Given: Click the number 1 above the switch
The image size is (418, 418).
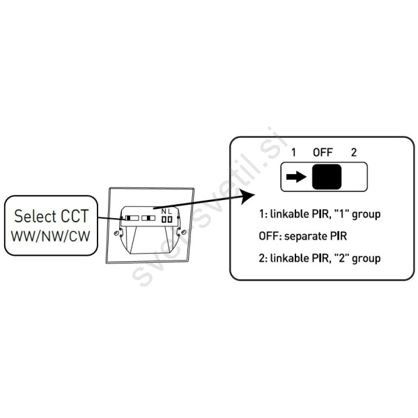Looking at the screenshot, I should click(x=294, y=152).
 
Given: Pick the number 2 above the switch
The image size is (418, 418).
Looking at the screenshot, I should click(x=353, y=152).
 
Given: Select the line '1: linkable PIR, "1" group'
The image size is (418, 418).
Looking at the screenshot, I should click(x=319, y=214).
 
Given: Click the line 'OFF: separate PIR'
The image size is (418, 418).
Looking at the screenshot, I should click(x=302, y=235).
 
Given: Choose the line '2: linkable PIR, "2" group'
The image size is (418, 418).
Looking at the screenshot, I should click(x=319, y=258).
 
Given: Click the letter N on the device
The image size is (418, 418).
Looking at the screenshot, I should click(x=163, y=210).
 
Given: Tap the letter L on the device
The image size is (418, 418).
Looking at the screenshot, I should click(x=169, y=210).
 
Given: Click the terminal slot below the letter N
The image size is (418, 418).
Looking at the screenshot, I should click(x=164, y=219).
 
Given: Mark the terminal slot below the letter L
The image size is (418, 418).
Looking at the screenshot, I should click(x=169, y=219).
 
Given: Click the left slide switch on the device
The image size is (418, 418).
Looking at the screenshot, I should click(x=130, y=217).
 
